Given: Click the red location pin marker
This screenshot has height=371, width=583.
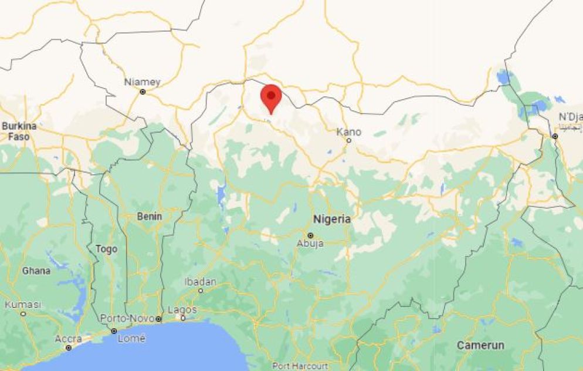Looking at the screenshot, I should [x=271, y=97].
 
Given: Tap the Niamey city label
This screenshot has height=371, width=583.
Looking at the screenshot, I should [x=142, y=82].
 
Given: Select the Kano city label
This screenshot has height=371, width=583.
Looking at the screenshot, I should [x=348, y=131].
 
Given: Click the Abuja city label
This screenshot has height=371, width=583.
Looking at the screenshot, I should [x=310, y=243].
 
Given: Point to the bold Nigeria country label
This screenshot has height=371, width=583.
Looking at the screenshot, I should [x=332, y=219].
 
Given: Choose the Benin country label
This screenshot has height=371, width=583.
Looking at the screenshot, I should [x=149, y=217].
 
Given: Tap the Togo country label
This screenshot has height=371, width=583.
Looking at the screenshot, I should [x=106, y=249].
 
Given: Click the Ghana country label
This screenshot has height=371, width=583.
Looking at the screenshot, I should [x=36, y=271].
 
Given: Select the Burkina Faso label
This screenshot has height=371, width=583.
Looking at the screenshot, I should [x=19, y=131].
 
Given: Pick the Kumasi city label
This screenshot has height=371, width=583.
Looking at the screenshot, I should [x=23, y=305].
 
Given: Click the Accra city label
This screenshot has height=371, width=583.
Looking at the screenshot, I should [x=69, y=339].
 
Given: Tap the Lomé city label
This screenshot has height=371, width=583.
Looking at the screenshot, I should [x=131, y=339].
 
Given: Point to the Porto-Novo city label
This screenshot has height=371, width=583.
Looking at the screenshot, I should [x=127, y=318].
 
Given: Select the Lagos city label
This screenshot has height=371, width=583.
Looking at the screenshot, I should [x=182, y=309].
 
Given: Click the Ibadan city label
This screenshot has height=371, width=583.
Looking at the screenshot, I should [x=200, y=282].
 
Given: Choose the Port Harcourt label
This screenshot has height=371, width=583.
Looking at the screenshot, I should [x=300, y=366].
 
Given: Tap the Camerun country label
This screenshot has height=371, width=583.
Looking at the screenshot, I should [x=480, y=345].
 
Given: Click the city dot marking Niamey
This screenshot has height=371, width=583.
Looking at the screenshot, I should [x=142, y=92].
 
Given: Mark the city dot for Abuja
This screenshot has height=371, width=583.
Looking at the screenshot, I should [x=310, y=235].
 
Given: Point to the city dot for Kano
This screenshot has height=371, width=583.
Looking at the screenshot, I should [x=348, y=140].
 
